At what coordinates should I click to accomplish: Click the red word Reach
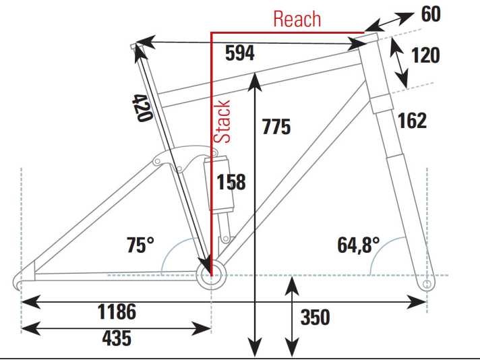point(297,19)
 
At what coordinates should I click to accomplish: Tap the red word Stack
point(222,121)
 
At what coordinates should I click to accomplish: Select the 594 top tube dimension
point(240,53)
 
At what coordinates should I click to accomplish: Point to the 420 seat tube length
point(142,108)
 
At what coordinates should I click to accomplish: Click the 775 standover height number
point(276,127)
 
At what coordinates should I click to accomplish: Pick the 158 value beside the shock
point(231,182)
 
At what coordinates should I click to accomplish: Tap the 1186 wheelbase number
point(117,311)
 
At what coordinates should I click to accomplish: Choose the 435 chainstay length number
point(117,338)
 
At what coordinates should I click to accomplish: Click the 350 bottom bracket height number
point(315,317)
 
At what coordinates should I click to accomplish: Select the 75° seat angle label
point(140,245)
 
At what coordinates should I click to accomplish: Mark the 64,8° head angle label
point(359,245)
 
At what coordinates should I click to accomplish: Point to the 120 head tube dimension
point(425,55)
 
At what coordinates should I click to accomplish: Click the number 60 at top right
point(431,14)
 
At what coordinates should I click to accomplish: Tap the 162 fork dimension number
point(412,120)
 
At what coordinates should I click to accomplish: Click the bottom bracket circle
point(211,275)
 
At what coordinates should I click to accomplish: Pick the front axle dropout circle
point(427,284)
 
